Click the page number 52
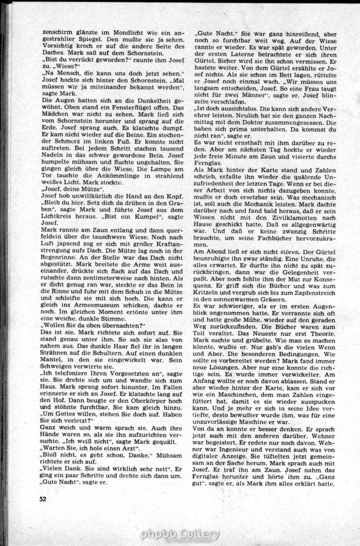pyautogui.click(x=43, y=498)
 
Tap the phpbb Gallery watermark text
pyautogui.click(x=180, y=534)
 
